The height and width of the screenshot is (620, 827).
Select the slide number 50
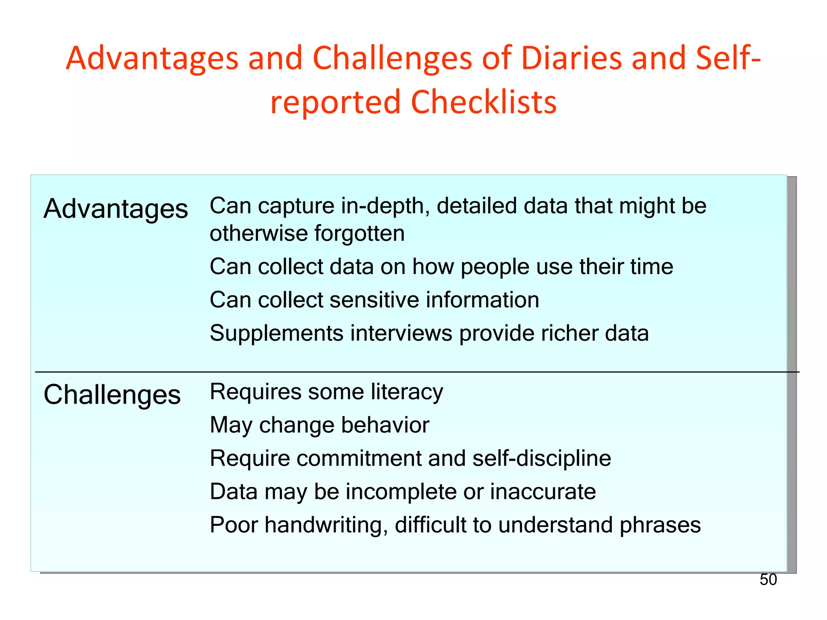768,580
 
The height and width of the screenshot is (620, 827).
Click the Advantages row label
116,209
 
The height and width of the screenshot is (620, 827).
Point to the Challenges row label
112,394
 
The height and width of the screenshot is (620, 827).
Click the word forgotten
359,233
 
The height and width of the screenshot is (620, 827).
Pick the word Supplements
277,333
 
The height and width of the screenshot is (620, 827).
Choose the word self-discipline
542,458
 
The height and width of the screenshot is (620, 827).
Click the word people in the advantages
495,267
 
